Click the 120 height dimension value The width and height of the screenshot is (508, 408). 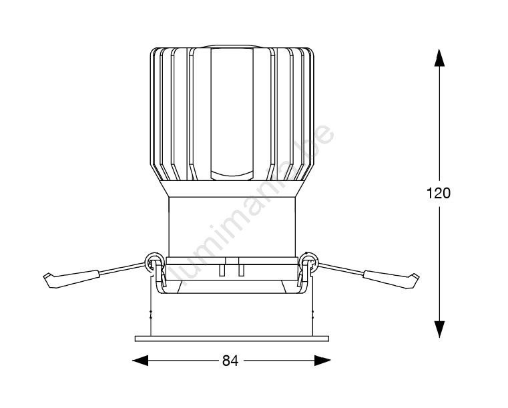click(x=439, y=193)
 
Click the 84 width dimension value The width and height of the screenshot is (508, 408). click(x=230, y=361)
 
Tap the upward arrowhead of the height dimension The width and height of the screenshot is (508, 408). click(x=439, y=57)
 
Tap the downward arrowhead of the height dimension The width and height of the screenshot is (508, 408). click(x=439, y=329)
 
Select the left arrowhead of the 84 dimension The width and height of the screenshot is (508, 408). click(x=140, y=361)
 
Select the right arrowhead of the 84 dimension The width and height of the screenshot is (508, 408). click(x=322, y=361)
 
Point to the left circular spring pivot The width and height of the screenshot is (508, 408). click(x=154, y=262)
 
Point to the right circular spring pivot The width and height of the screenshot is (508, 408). click(x=309, y=262)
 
